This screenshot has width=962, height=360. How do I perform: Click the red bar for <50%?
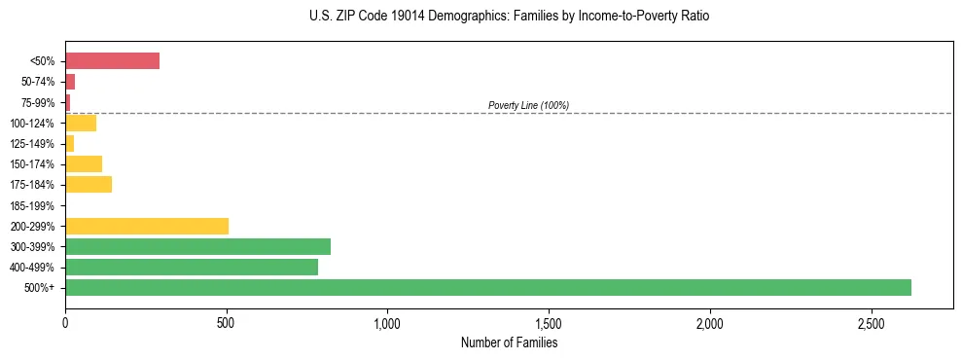click(x=112, y=61)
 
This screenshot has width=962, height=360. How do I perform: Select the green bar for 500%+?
click(x=487, y=287)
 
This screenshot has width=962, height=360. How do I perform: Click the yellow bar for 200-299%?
click(x=147, y=226)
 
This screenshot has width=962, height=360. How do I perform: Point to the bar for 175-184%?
click(x=89, y=184)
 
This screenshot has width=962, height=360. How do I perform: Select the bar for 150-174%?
click(x=84, y=163)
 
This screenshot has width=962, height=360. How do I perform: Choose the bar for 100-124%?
click(x=81, y=123)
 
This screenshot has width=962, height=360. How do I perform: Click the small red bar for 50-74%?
click(x=70, y=82)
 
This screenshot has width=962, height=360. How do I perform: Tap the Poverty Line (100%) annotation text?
click(x=528, y=105)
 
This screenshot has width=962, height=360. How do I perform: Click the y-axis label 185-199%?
click(x=31, y=205)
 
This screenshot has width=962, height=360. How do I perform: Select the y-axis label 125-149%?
click(x=31, y=144)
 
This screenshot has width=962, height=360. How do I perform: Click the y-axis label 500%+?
click(x=39, y=288)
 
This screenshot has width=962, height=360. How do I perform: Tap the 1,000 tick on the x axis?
click(x=387, y=322)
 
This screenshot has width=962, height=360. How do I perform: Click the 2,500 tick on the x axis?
click(x=872, y=322)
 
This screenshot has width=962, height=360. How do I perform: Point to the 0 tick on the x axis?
click(x=65, y=322)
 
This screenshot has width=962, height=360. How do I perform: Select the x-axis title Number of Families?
click(x=509, y=342)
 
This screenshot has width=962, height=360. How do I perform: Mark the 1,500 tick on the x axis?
click(x=549, y=322)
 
